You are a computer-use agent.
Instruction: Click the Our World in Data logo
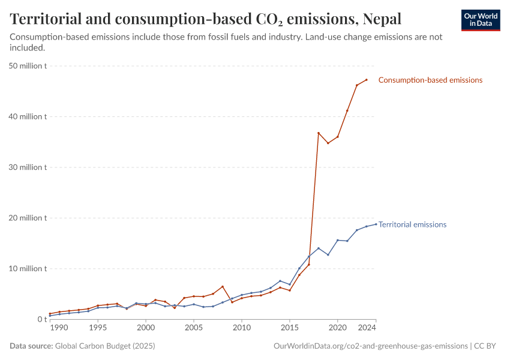point(481,20)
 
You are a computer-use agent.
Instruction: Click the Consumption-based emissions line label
point(430,80)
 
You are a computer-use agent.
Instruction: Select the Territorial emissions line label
point(412,224)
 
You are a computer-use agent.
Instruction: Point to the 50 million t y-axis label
point(28,66)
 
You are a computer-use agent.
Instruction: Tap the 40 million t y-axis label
point(28,116)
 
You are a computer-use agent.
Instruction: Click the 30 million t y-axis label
point(28,167)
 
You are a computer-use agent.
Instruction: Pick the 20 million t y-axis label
point(28,218)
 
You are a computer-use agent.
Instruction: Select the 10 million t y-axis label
point(28,268)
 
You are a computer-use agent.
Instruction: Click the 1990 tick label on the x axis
point(58,328)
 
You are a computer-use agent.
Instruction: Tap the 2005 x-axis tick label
point(193,328)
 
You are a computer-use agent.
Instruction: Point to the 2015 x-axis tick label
point(289,328)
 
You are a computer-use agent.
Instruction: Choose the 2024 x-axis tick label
point(367,328)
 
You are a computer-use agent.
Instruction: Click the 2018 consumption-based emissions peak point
point(319,133)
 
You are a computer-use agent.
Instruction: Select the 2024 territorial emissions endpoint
point(376,224)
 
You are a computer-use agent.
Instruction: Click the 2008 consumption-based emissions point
point(223,287)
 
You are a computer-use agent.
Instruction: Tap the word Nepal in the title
point(382,19)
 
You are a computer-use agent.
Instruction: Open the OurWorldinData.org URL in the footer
point(370,346)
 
